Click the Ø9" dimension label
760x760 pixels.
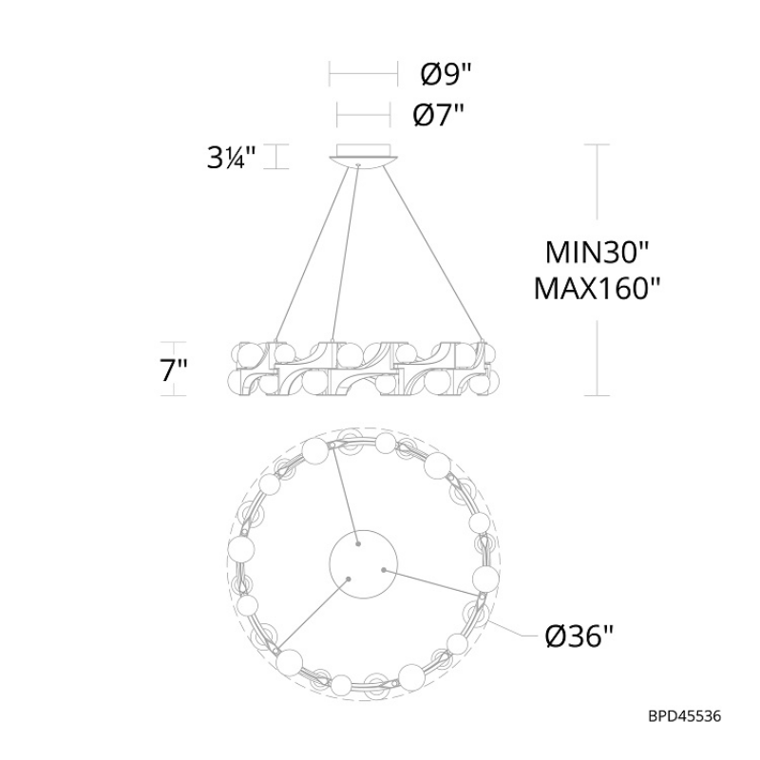(446, 74)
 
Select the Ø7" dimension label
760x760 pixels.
(438, 115)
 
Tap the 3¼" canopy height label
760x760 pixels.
(231, 157)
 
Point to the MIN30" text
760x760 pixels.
(597, 253)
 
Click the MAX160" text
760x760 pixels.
(598, 289)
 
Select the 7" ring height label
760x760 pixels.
(174, 370)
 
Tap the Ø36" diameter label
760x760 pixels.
(579, 636)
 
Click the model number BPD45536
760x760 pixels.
(684, 716)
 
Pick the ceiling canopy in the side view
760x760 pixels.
(364, 155)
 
